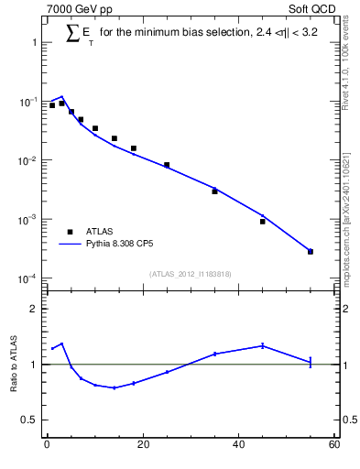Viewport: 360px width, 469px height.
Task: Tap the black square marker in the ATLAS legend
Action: tap(70, 232)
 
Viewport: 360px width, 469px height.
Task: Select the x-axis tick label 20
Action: tap(142, 445)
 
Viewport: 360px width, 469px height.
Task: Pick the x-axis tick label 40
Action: tap(238, 445)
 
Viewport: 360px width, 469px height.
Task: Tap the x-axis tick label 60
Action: tap(334, 445)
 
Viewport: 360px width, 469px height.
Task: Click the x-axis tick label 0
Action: tap(47, 445)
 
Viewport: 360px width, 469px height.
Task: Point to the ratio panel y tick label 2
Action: tap(33, 309)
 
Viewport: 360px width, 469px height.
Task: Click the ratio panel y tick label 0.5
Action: tap(28, 420)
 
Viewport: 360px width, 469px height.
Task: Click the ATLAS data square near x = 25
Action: tap(167, 165)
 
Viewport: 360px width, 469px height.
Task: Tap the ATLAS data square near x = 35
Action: tap(214, 191)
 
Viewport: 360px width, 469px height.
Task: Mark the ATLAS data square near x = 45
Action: tap(263, 221)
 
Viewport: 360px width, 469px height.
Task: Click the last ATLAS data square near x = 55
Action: tap(311, 252)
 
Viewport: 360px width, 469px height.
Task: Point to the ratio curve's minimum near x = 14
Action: tap(114, 387)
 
